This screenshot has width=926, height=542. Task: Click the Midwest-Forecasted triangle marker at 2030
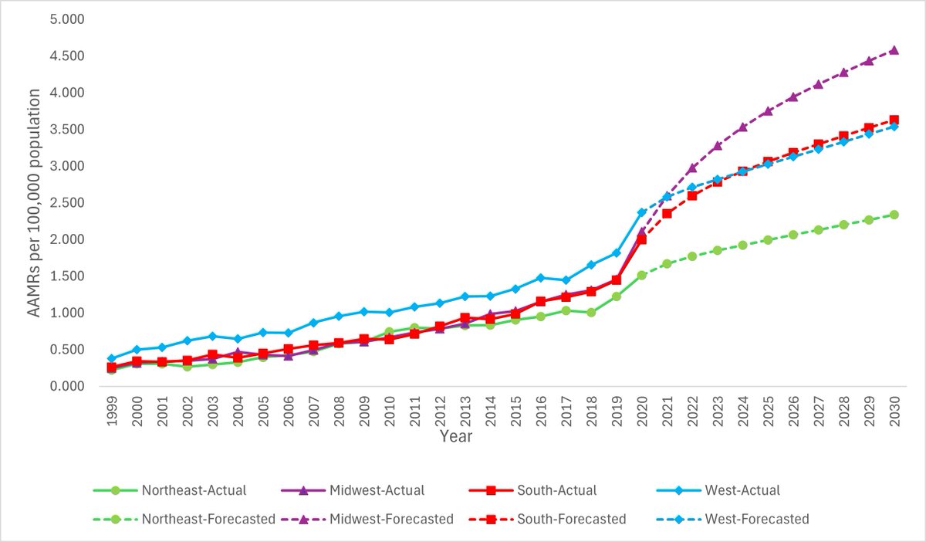pyautogui.click(x=894, y=50)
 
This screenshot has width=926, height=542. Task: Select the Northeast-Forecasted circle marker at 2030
pyautogui.click(x=894, y=215)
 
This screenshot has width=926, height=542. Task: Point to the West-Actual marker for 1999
pyautogui.click(x=111, y=358)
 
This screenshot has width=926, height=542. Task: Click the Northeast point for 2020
pyautogui.click(x=641, y=275)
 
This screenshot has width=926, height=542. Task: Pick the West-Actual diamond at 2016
pyautogui.click(x=540, y=277)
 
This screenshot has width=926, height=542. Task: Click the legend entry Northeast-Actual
pyautogui.click(x=193, y=490)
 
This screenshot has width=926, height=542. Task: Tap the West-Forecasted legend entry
pyautogui.click(x=756, y=519)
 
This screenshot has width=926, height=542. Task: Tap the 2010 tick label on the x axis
pyautogui.click(x=389, y=408)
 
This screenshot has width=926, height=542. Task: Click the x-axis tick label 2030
pyautogui.click(x=894, y=408)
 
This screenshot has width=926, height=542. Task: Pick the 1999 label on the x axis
pyautogui.click(x=112, y=408)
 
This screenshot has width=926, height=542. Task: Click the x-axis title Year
pyautogui.click(x=456, y=436)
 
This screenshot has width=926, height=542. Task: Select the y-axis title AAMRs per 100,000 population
pyautogui.click(x=34, y=202)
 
